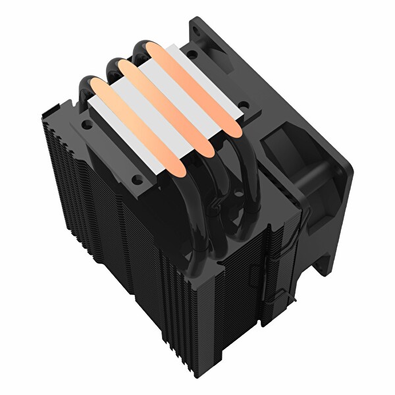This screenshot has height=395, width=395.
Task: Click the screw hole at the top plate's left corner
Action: (x=85, y=122)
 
